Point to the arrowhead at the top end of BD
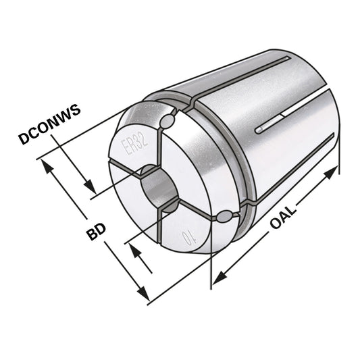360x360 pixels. coord(45,164)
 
